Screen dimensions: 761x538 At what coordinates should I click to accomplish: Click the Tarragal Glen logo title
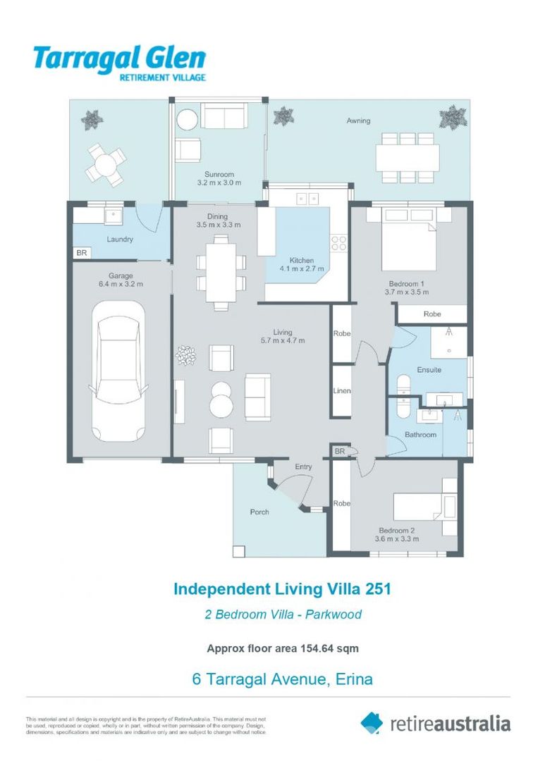119,58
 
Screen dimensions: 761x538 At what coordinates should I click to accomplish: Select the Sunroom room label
219,174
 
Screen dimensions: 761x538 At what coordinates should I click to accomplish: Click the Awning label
358,120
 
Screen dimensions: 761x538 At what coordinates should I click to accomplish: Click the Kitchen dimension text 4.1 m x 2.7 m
302,269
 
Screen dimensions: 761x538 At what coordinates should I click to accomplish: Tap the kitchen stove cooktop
339,242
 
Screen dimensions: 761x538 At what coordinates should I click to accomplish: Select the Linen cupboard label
342,391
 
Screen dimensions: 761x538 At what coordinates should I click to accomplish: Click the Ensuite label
429,369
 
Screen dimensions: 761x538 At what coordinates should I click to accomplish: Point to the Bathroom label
420,435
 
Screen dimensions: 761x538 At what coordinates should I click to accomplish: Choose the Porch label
259,512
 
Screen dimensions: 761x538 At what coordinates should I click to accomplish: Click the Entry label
303,466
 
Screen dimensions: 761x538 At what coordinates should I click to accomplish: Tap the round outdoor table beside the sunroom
105,166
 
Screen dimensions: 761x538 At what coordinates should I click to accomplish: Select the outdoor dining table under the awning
407,157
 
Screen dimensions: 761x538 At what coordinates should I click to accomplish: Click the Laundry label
120,239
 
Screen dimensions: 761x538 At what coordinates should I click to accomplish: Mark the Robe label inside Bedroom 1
432,314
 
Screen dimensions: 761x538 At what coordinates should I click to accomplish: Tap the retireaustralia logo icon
372,722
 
